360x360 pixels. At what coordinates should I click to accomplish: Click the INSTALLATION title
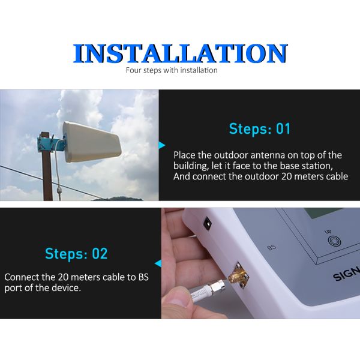(180, 54)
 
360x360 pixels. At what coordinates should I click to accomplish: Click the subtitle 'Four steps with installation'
(172, 71)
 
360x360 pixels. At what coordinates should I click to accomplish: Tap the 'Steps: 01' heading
(259, 128)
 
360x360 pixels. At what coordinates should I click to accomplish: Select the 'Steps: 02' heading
(76, 253)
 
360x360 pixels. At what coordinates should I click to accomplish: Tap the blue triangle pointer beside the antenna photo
(161, 145)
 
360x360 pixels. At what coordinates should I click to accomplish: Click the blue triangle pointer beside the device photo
(158, 263)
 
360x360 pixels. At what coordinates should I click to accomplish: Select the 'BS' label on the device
(271, 247)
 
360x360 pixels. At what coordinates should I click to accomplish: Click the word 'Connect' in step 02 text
(22, 278)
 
